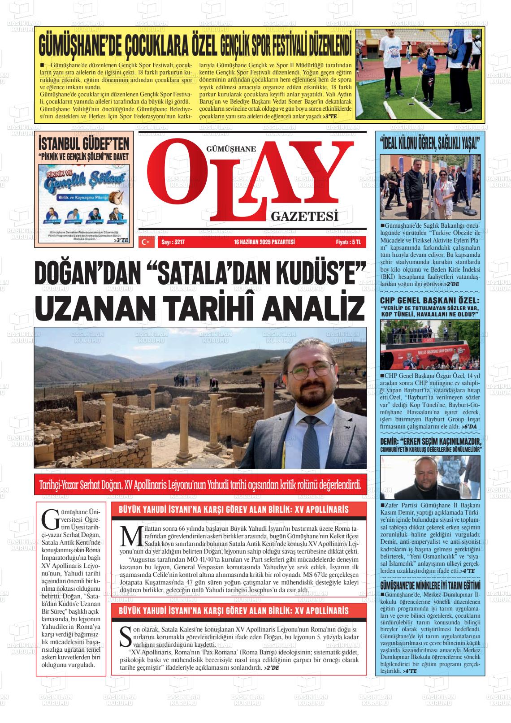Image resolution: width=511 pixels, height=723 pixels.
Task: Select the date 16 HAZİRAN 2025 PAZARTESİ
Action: point(264,242)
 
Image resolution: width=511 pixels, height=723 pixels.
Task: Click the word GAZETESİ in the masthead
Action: point(304,217)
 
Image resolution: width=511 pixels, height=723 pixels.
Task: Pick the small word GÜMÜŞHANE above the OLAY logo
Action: point(231,150)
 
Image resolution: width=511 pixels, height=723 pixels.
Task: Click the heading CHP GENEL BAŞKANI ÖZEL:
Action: point(429,300)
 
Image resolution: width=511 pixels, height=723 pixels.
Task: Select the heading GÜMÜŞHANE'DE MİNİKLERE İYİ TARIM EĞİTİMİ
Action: point(430,586)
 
